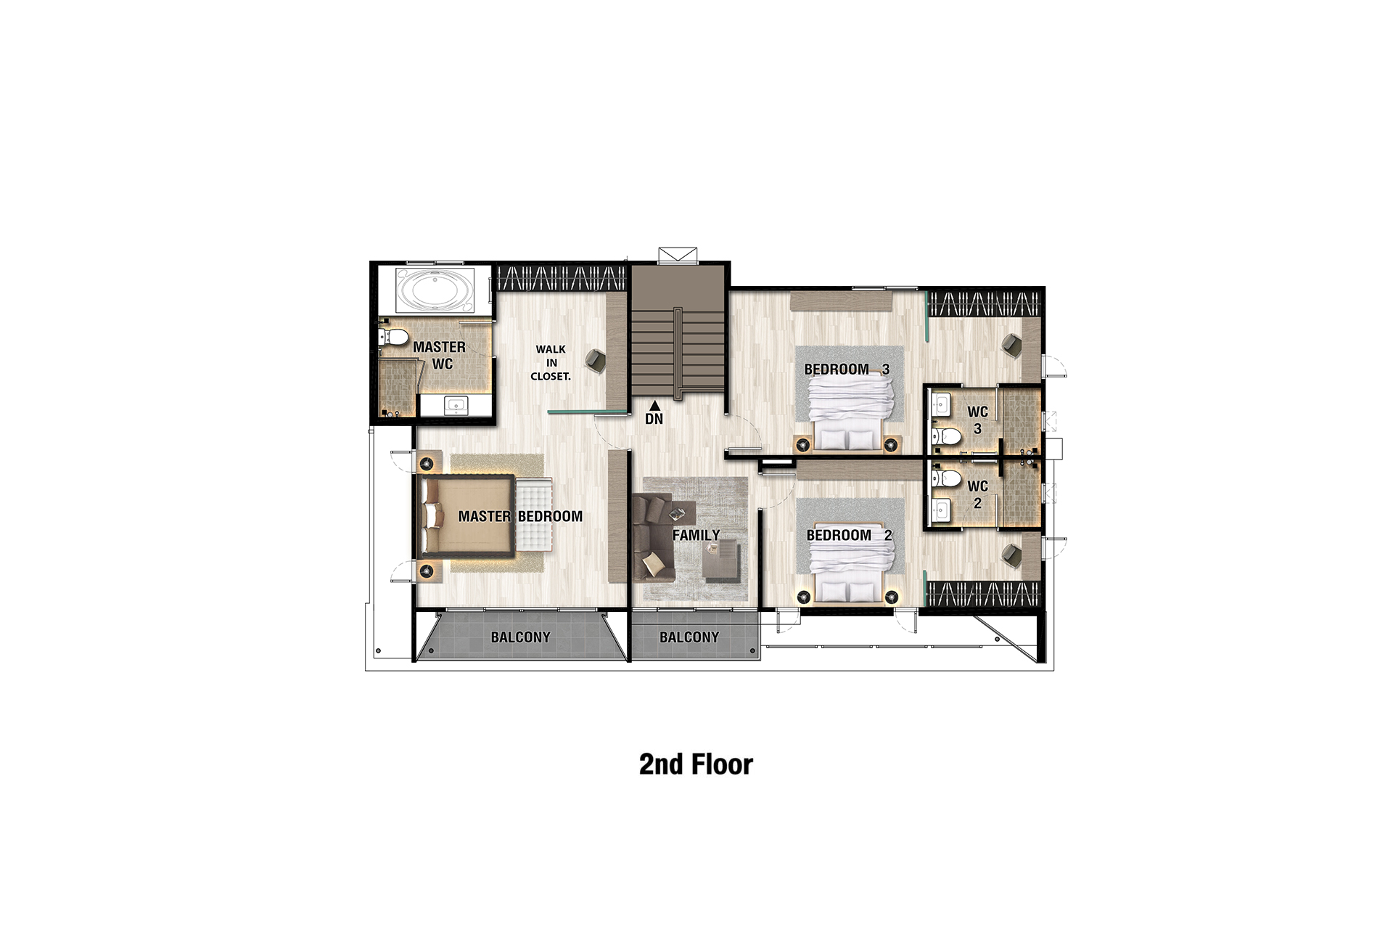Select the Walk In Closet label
[551, 362]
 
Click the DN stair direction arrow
[654, 405]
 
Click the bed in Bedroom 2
[850, 563]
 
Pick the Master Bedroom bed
[469, 516]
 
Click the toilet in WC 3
[946, 436]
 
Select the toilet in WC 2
[946, 478]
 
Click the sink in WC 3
[941, 405]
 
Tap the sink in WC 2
[941, 510]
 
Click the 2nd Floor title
[696, 764]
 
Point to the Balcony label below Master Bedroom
[520, 637]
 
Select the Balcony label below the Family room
[689, 637]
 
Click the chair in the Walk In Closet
[596, 361]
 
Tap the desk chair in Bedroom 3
[1011, 345]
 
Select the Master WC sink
[456, 405]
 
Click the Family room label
[696, 535]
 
